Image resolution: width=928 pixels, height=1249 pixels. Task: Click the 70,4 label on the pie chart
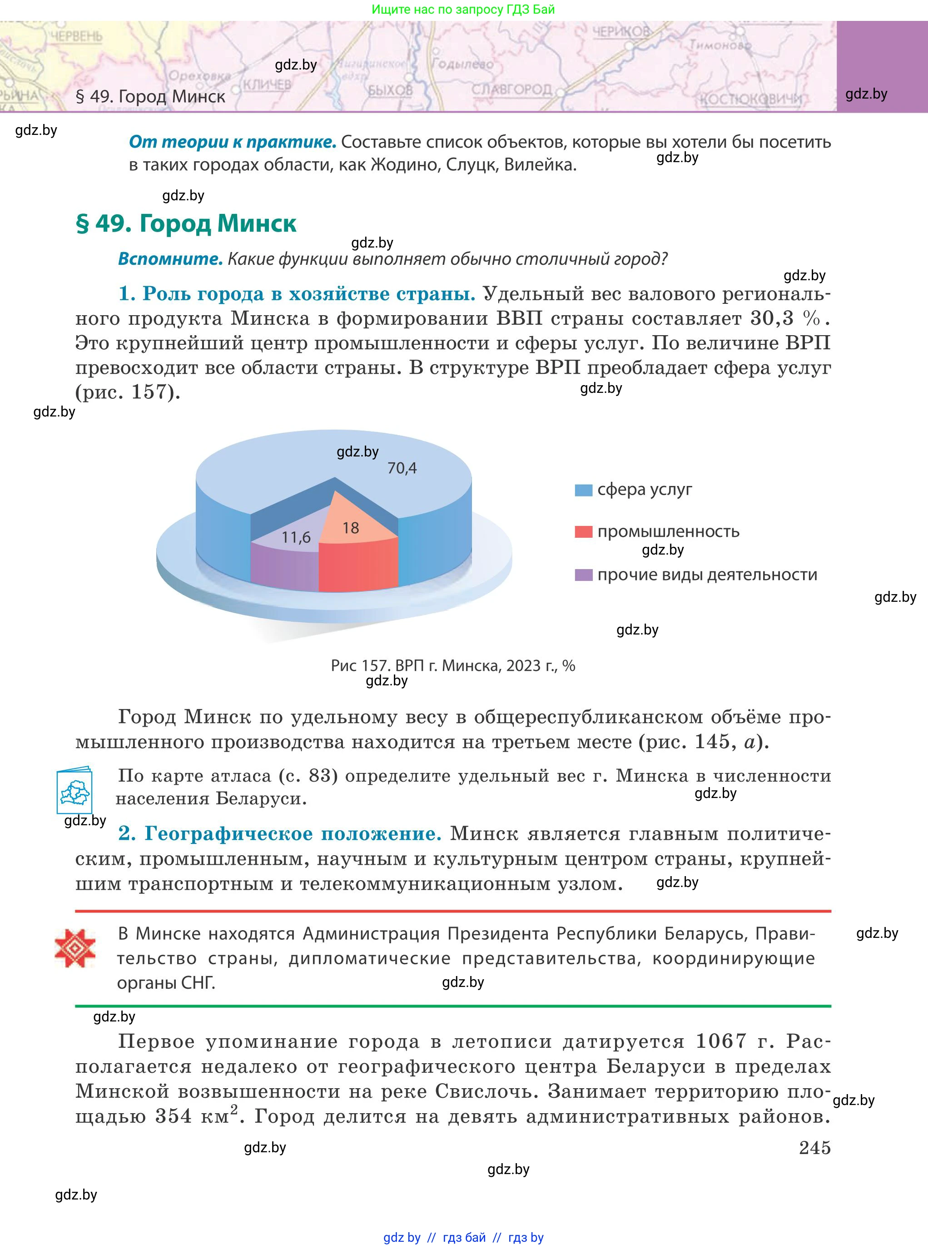402,468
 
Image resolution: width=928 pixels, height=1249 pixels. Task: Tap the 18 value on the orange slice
351,528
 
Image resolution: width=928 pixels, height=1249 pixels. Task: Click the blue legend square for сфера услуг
583,490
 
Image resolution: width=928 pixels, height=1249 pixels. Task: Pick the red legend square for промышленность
583,532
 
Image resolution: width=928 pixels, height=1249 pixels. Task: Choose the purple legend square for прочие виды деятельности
583,575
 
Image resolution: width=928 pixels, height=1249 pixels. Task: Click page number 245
814,1148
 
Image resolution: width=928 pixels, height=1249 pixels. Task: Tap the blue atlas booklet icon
74,790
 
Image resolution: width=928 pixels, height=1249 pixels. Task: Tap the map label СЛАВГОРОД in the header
511,90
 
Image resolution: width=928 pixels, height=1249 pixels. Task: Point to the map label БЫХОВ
390,90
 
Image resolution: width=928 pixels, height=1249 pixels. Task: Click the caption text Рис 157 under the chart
360,666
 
